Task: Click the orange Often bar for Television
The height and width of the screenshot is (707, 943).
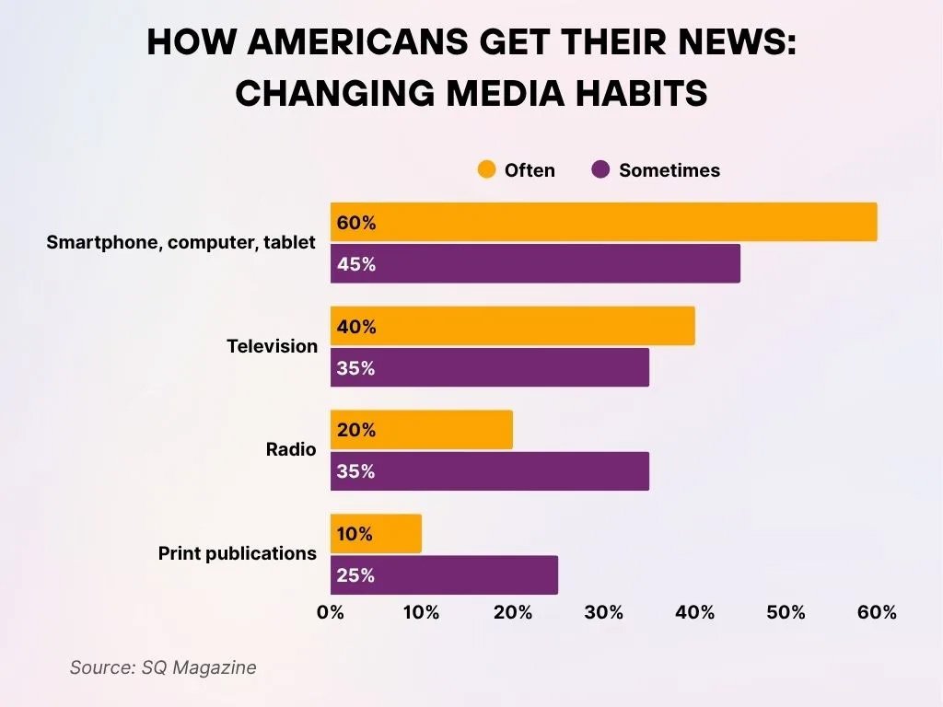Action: (x=512, y=326)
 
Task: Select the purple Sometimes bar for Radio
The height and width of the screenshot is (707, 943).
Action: (x=489, y=470)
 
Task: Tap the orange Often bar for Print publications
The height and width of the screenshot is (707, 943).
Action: (x=376, y=533)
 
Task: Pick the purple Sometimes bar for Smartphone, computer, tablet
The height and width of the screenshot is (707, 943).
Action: (x=535, y=263)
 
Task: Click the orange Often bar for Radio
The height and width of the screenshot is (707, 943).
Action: (x=421, y=430)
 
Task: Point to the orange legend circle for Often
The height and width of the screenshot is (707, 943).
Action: (x=486, y=169)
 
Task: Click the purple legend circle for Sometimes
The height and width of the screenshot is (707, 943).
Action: (x=601, y=169)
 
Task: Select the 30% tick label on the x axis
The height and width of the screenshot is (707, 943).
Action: (x=604, y=613)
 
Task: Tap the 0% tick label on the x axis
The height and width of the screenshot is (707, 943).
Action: (x=330, y=613)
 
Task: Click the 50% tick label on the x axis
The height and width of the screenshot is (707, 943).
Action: (x=786, y=613)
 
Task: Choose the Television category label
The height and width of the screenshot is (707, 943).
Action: (x=272, y=346)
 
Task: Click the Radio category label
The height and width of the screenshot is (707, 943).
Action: (x=291, y=449)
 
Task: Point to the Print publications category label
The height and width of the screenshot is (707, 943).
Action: (x=238, y=553)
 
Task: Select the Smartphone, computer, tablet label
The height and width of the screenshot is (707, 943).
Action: (x=180, y=243)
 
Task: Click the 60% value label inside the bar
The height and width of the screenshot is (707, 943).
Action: (x=356, y=223)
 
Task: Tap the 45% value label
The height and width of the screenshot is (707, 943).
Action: (x=356, y=264)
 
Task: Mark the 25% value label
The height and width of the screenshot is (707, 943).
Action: (x=356, y=575)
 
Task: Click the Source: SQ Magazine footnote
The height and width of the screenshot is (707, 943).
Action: (x=163, y=667)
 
